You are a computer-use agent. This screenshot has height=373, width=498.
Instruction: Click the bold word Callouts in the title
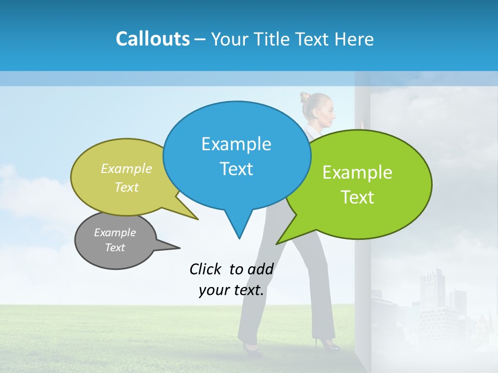(x=153, y=39)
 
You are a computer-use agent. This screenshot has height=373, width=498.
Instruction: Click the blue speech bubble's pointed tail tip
(x=239, y=238)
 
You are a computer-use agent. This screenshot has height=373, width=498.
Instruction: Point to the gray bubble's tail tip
(x=179, y=248)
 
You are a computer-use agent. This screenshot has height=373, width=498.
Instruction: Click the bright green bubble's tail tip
(x=276, y=243)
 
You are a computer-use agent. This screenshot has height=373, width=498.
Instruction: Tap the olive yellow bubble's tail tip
(x=198, y=219)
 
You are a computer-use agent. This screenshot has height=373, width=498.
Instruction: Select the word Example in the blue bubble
(x=236, y=144)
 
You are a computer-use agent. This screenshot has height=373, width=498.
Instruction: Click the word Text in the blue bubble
(x=236, y=169)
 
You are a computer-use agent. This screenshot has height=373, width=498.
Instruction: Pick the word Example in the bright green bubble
(x=357, y=173)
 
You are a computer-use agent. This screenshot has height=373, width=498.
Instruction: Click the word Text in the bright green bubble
(x=357, y=197)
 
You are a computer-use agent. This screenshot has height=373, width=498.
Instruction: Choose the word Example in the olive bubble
(x=127, y=169)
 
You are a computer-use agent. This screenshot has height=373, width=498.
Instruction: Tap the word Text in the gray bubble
(x=115, y=248)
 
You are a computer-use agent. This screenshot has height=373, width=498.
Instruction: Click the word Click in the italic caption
(x=205, y=269)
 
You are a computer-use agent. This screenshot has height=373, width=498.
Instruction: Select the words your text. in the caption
(x=231, y=290)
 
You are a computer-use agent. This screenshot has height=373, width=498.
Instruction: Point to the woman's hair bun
(x=305, y=97)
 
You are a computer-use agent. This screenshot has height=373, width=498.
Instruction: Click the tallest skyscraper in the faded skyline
(x=432, y=290)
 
